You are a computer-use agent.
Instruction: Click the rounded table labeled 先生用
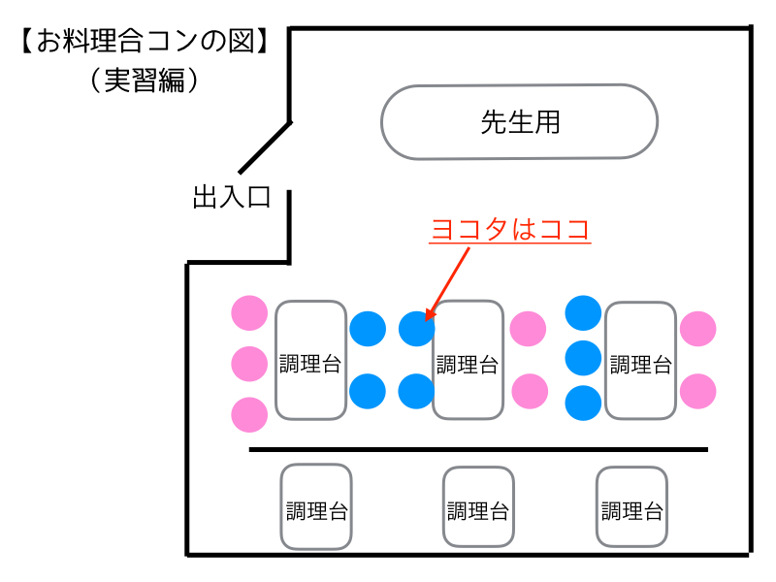(x=520, y=122)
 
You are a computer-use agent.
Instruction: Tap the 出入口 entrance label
(x=231, y=199)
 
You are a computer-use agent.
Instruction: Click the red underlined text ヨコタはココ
(x=510, y=230)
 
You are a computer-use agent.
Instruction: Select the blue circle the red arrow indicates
(x=416, y=329)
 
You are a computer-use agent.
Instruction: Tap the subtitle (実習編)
(x=144, y=80)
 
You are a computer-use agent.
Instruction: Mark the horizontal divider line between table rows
(x=478, y=450)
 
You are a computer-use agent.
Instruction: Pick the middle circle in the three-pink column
(x=249, y=364)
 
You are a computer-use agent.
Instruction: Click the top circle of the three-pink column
(x=249, y=312)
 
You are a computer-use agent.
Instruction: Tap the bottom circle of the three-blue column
(x=583, y=403)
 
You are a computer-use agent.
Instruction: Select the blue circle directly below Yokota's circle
(x=416, y=391)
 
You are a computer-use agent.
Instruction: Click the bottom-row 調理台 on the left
(x=316, y=507)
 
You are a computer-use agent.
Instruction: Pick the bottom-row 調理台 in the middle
(x=477, y=508)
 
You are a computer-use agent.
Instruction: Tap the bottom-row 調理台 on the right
(x=631, y=507)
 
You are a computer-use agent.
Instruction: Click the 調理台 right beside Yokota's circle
(x=467, y=360)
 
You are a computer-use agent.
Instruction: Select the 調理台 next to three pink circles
(x=310, y=360)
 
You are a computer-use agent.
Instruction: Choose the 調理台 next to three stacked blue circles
(x=640, y=360)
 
